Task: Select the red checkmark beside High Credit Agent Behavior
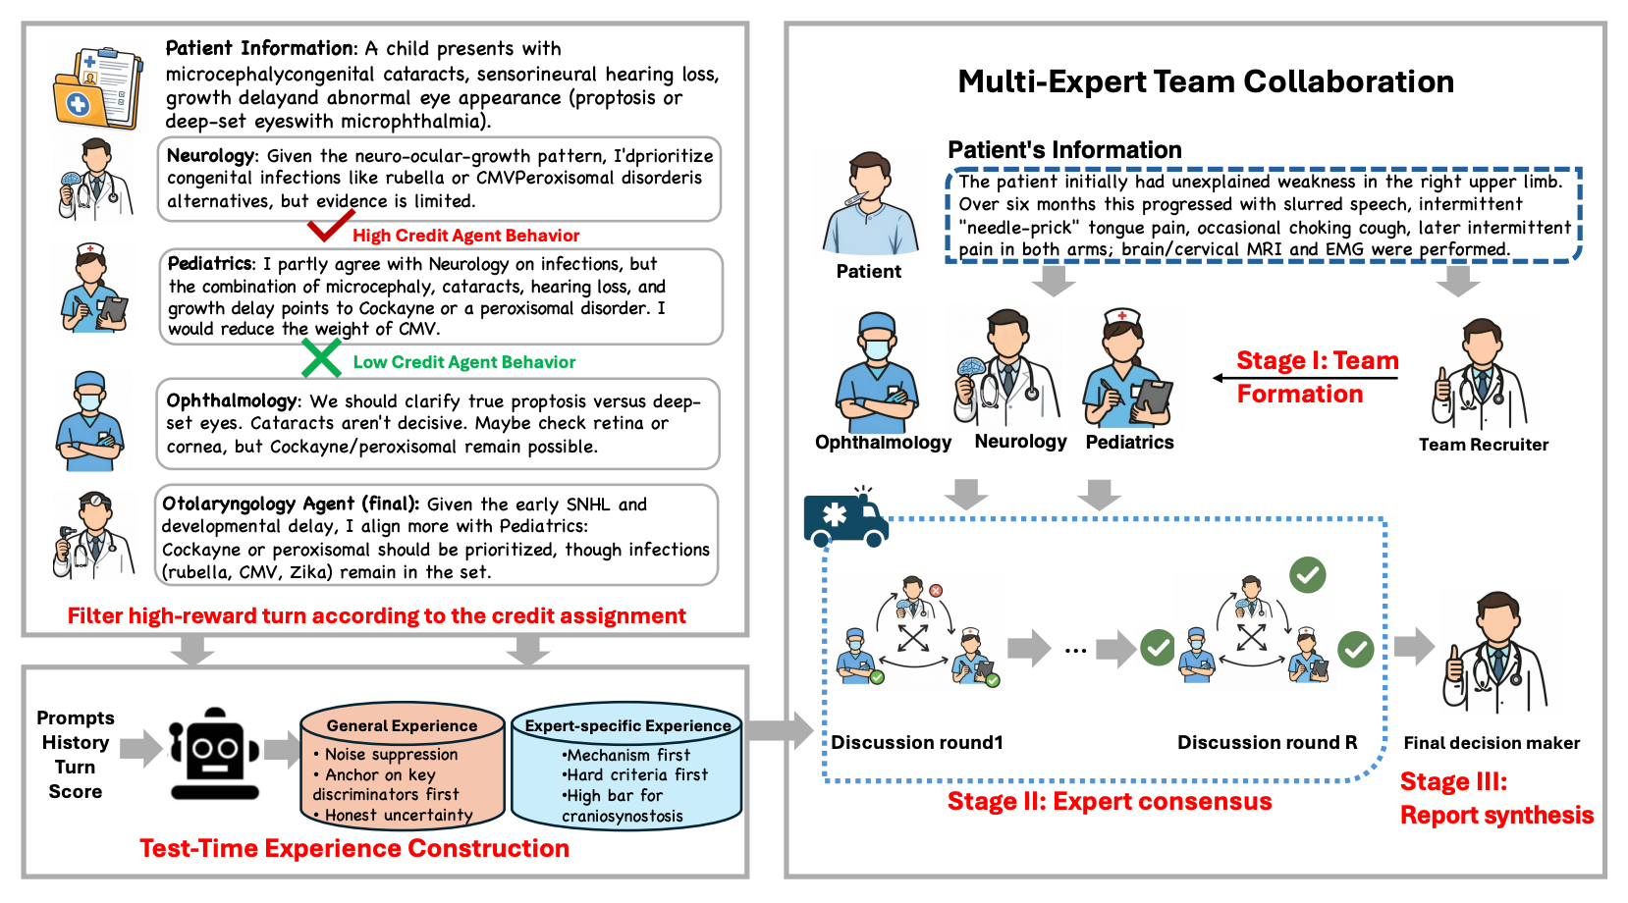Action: [x=329, y=229]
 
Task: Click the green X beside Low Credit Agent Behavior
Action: [x=321, y=359]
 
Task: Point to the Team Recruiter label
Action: [x=1483, y=445]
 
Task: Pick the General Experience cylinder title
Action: [x=402, y=726]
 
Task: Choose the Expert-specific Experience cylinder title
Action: [x=627, y=726]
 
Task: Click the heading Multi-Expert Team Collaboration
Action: [x=1205, y=81]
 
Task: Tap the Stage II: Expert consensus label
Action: [x=1109, y=802]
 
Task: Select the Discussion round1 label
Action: [x=916, y=743]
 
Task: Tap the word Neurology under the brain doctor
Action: [x=1020, y=442]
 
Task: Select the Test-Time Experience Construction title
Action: [x=353, y=848]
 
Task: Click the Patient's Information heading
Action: [x=1064, y=150]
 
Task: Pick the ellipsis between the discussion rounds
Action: [x=1075, y=650]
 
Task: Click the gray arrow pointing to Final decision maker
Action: [x=1414, y=646]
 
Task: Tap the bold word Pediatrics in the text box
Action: [x=210, y=264]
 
